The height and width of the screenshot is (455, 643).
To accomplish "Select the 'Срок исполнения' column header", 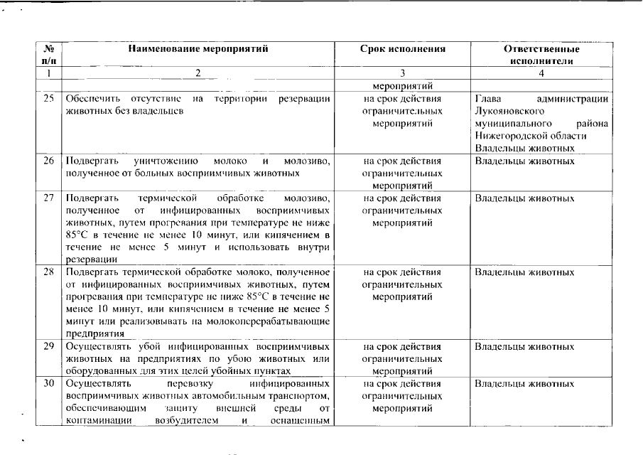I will pos(402,49).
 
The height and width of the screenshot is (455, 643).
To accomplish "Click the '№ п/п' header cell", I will pos(49,55).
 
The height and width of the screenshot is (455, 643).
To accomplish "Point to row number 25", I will pos(49,99).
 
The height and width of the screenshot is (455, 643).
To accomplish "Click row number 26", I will pos(49,161).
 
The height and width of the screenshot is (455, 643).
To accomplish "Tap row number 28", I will pos(49,272).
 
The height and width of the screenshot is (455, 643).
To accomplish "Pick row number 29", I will pos(49,346).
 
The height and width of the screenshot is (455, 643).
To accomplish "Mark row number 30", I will pos(49,384).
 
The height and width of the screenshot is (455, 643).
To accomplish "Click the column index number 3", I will pos(402,73).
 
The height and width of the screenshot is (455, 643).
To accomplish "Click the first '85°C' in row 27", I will pos(75,235).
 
